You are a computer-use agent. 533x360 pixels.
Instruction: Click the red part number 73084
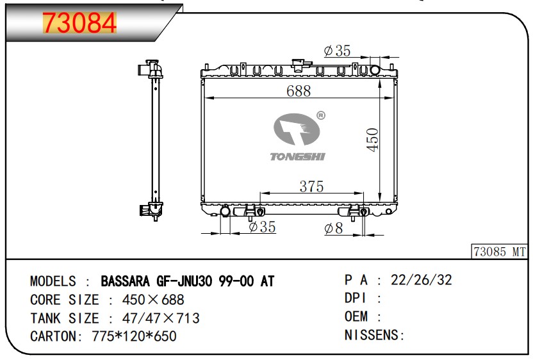click(x=79, y=23)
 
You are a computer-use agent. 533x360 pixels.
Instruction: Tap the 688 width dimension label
click(x=299, y=91)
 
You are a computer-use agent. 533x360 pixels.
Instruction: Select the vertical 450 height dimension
click(x=373, y=140)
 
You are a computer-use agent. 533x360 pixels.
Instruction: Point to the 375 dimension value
click(x=311, y=186)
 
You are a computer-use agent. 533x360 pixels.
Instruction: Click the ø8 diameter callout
click(x=334, y=229)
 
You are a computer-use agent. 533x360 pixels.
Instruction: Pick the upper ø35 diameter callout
click(x=337, y=51)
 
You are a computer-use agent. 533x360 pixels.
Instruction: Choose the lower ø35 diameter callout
click(x=262, y=227)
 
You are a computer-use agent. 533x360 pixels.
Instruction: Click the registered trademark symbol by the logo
click(x=320, y=115)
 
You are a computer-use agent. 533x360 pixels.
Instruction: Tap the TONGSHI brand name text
click(x=297, y=156)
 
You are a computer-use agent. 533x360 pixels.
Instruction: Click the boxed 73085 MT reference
click(x=499, y=252)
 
